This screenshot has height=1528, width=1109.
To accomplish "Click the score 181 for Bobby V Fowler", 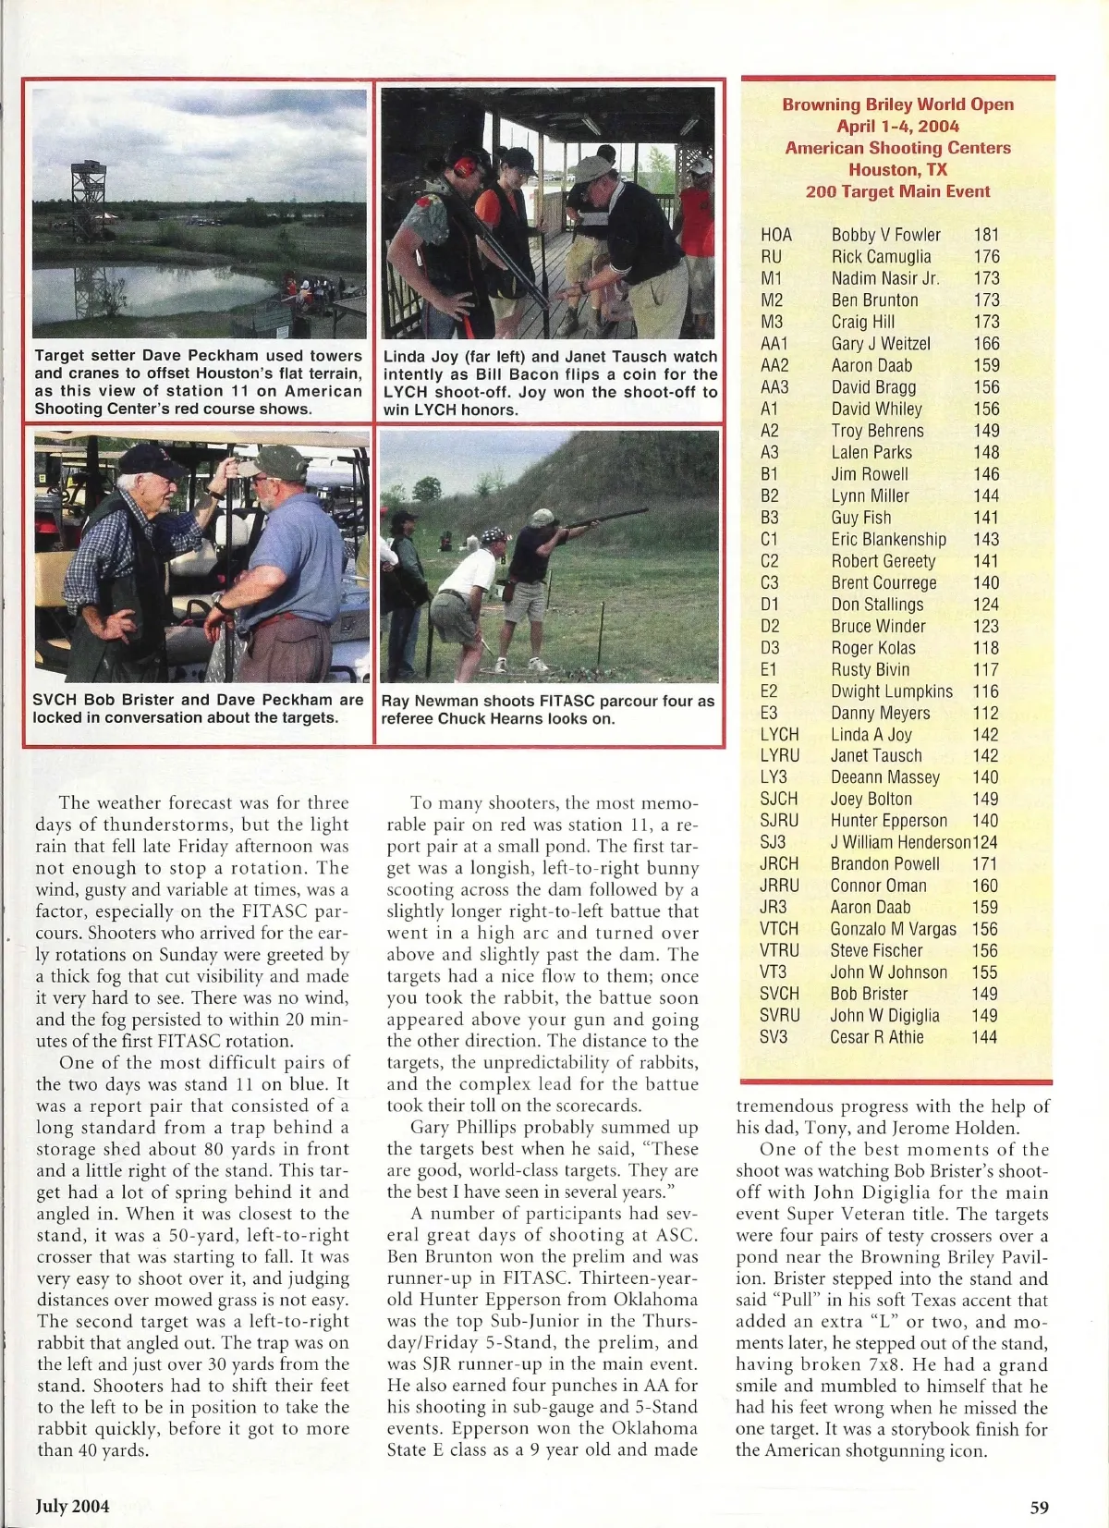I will click(986, 235).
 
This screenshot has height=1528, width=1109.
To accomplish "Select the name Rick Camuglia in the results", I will click(881, 257).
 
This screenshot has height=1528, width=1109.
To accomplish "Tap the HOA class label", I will click(776, 235).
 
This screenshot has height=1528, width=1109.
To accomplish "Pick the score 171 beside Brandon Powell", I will click(985, 863).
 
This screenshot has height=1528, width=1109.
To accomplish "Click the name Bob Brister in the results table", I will click(869, 994).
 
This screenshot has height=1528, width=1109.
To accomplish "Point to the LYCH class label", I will click(779, 734).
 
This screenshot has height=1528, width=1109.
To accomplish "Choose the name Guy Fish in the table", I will click(861, 518).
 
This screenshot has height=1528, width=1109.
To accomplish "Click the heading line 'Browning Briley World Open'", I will click(897, 104).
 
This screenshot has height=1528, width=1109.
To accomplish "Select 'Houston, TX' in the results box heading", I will click(897, 169).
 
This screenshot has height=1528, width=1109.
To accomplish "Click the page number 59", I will click(1039, 1507).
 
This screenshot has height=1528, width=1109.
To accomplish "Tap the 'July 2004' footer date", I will click(72, 1506).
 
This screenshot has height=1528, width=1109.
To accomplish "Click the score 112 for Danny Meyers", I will click(985, 713).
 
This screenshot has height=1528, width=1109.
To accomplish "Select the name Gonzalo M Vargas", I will click(893, 929).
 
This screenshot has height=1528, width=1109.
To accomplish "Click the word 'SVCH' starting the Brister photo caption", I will click(54, 700).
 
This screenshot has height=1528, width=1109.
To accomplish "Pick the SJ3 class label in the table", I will click(774, 842).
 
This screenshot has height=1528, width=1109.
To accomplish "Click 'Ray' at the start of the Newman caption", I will click(395, 701).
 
